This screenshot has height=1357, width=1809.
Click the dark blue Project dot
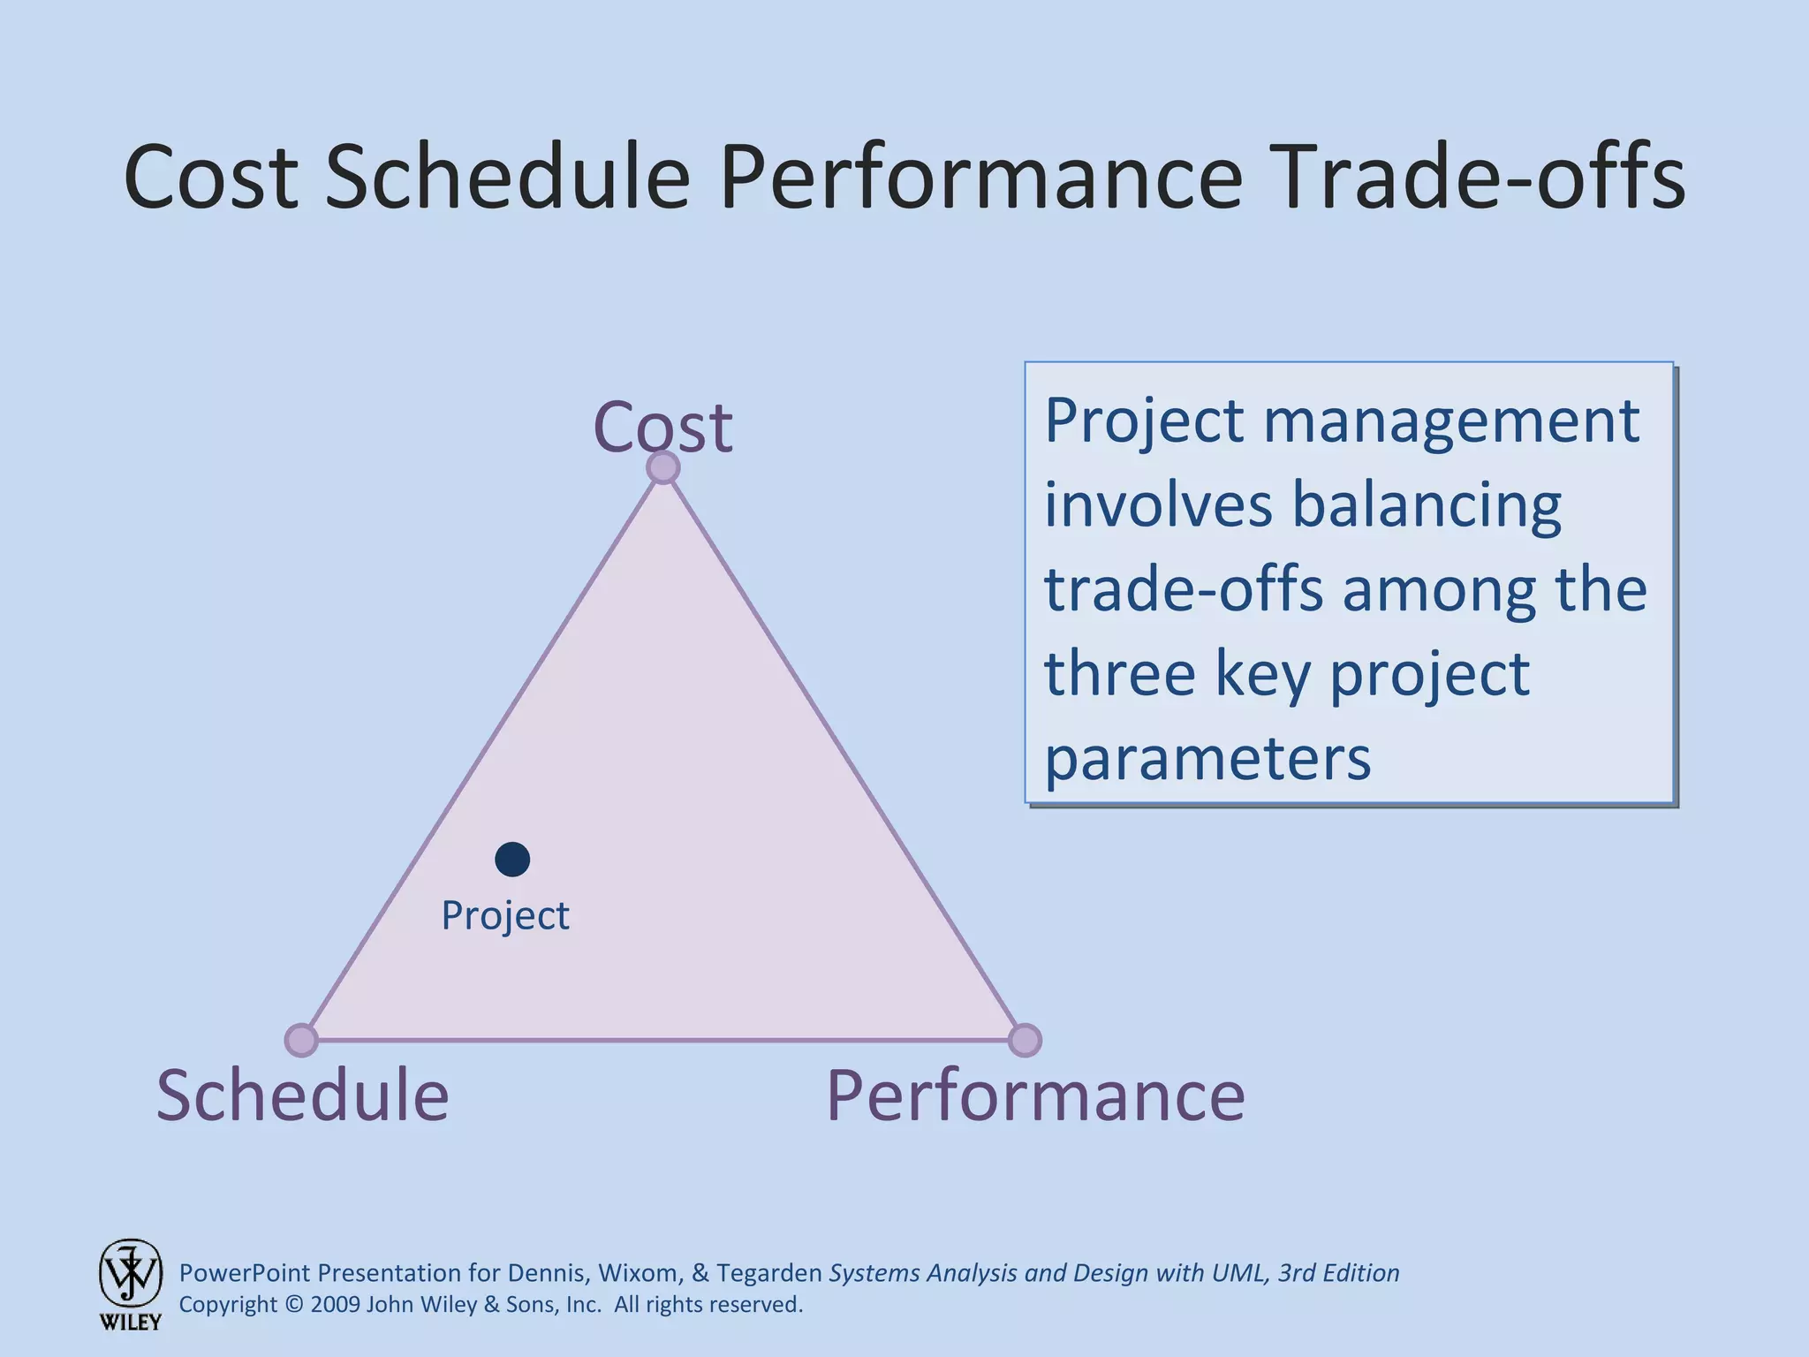[512, 859]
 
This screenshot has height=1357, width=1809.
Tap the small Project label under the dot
[504, 916]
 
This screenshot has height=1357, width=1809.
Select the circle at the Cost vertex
[663, 467]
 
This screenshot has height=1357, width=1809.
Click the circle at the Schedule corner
[301, 1040]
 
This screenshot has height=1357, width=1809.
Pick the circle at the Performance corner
[1025, 1040]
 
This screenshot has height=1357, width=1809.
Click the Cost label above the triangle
[662, 428]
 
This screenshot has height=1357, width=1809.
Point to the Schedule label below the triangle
[303, 1095]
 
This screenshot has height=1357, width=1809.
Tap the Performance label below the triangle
[1035, 1095]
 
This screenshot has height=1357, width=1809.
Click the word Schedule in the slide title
[508, 177]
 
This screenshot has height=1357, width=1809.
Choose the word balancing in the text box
[1427, 505]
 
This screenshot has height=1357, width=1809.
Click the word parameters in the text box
[1207, 758]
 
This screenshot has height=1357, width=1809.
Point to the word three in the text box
[1119, 673]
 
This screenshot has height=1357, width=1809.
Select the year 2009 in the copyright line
[335, 1305]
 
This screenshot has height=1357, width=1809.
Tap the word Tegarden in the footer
[769, 1273]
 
